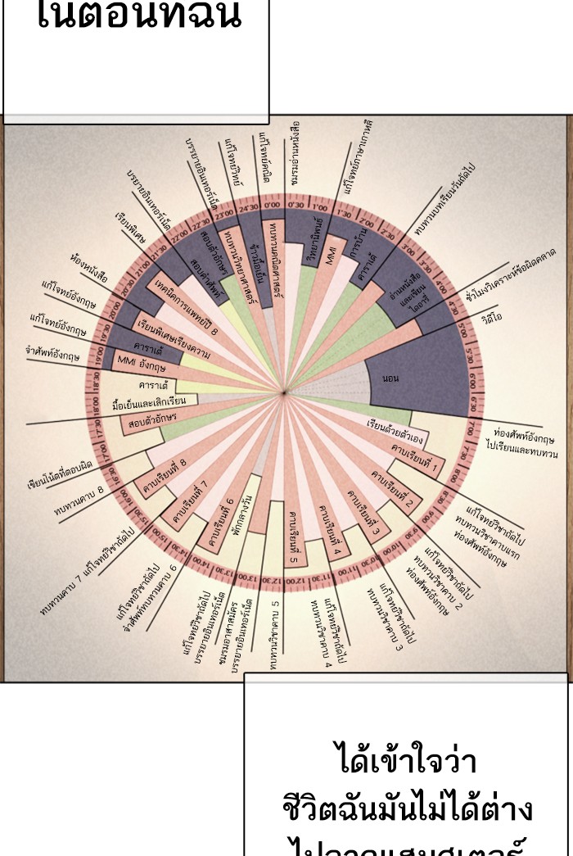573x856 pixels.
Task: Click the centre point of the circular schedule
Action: [x=285, y=395]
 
